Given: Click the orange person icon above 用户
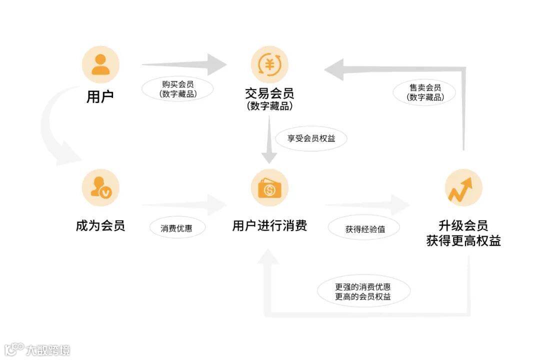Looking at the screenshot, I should click(x=100, y=64).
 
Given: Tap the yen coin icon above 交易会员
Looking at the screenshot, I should click(x=269, y=64).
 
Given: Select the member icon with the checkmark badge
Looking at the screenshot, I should click(x=100, y=187).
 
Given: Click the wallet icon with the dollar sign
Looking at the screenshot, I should click(x=269, y=188).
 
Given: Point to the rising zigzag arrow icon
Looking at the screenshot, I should click(x=463, y=188).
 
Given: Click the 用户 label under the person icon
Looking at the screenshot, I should click(x=100, y=96).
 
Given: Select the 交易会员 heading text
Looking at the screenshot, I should click(x=269, y=93).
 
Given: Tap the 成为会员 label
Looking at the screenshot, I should click(x=100, y=226).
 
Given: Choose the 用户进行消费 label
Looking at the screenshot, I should click(x=269, y=226).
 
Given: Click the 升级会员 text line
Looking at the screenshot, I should click(x=463, y=226).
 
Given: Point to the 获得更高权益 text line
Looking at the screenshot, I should click(x=463, y=241).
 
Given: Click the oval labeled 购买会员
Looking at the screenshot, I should click(x=177, y=89).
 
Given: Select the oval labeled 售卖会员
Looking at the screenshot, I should click(x=425, y=92).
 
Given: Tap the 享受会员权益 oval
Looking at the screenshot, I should click(x=311, y=138).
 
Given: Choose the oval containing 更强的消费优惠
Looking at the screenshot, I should click(x=363, y=292).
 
